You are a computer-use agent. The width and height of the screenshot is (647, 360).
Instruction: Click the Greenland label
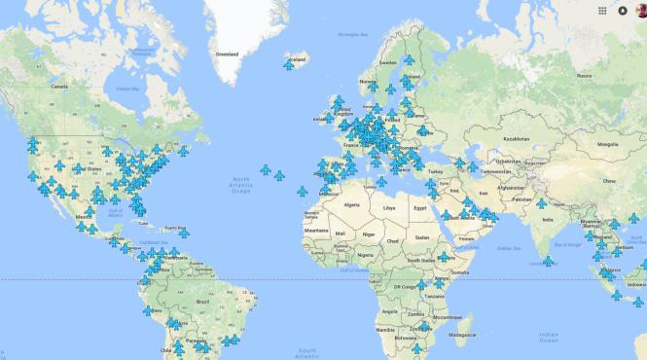pos(226,54)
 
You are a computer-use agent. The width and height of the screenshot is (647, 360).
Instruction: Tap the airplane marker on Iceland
pos(289,65)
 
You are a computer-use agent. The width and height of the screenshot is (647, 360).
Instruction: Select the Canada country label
pos(60,87)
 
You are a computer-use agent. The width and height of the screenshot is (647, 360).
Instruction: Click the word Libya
pos(389,207)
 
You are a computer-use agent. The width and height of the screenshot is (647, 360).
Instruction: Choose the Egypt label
pos(419,207)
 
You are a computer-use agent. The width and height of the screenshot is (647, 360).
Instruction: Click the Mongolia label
pos(607,145)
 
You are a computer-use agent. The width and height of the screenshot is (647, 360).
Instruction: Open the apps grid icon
pos(603,11)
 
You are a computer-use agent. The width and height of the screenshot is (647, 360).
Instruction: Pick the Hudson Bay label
pos(124,88)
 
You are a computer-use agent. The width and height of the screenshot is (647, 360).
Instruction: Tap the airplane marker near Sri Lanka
pos(548,262)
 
